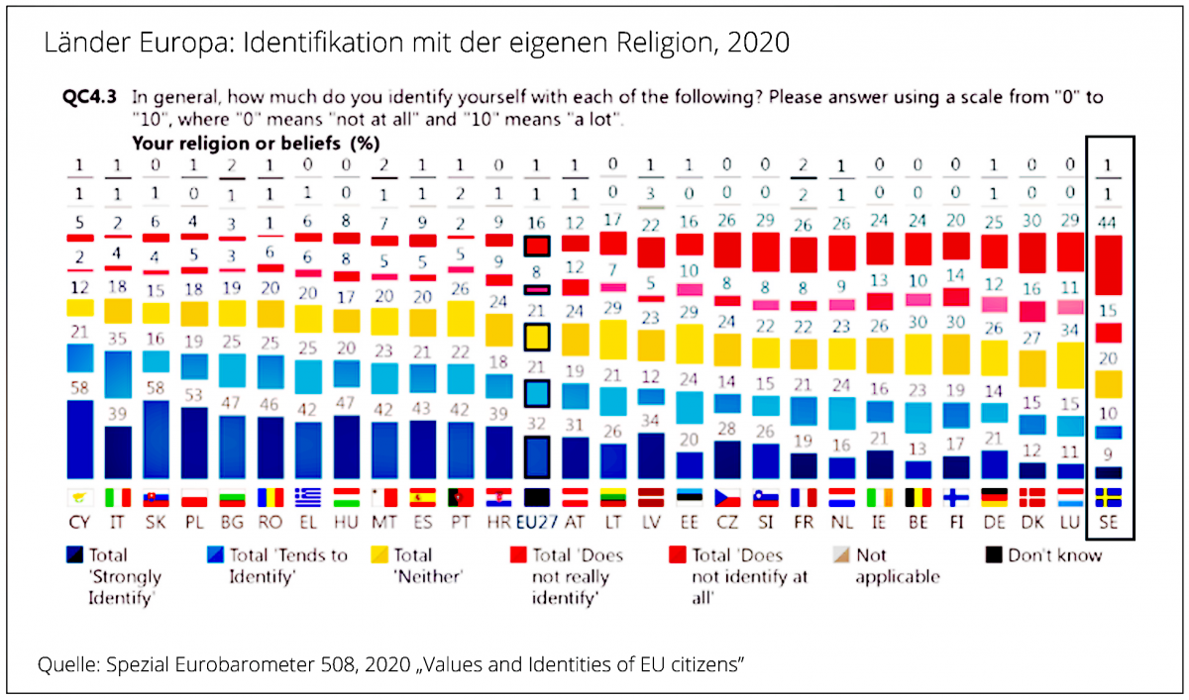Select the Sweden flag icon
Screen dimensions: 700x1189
[x=1109, y=496]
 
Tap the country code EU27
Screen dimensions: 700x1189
[x=539, y=520]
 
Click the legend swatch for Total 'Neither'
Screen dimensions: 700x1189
[x=377, y=555]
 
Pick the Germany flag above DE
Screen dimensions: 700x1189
[x=994, y=496]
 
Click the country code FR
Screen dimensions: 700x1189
[x=805, y=520]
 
